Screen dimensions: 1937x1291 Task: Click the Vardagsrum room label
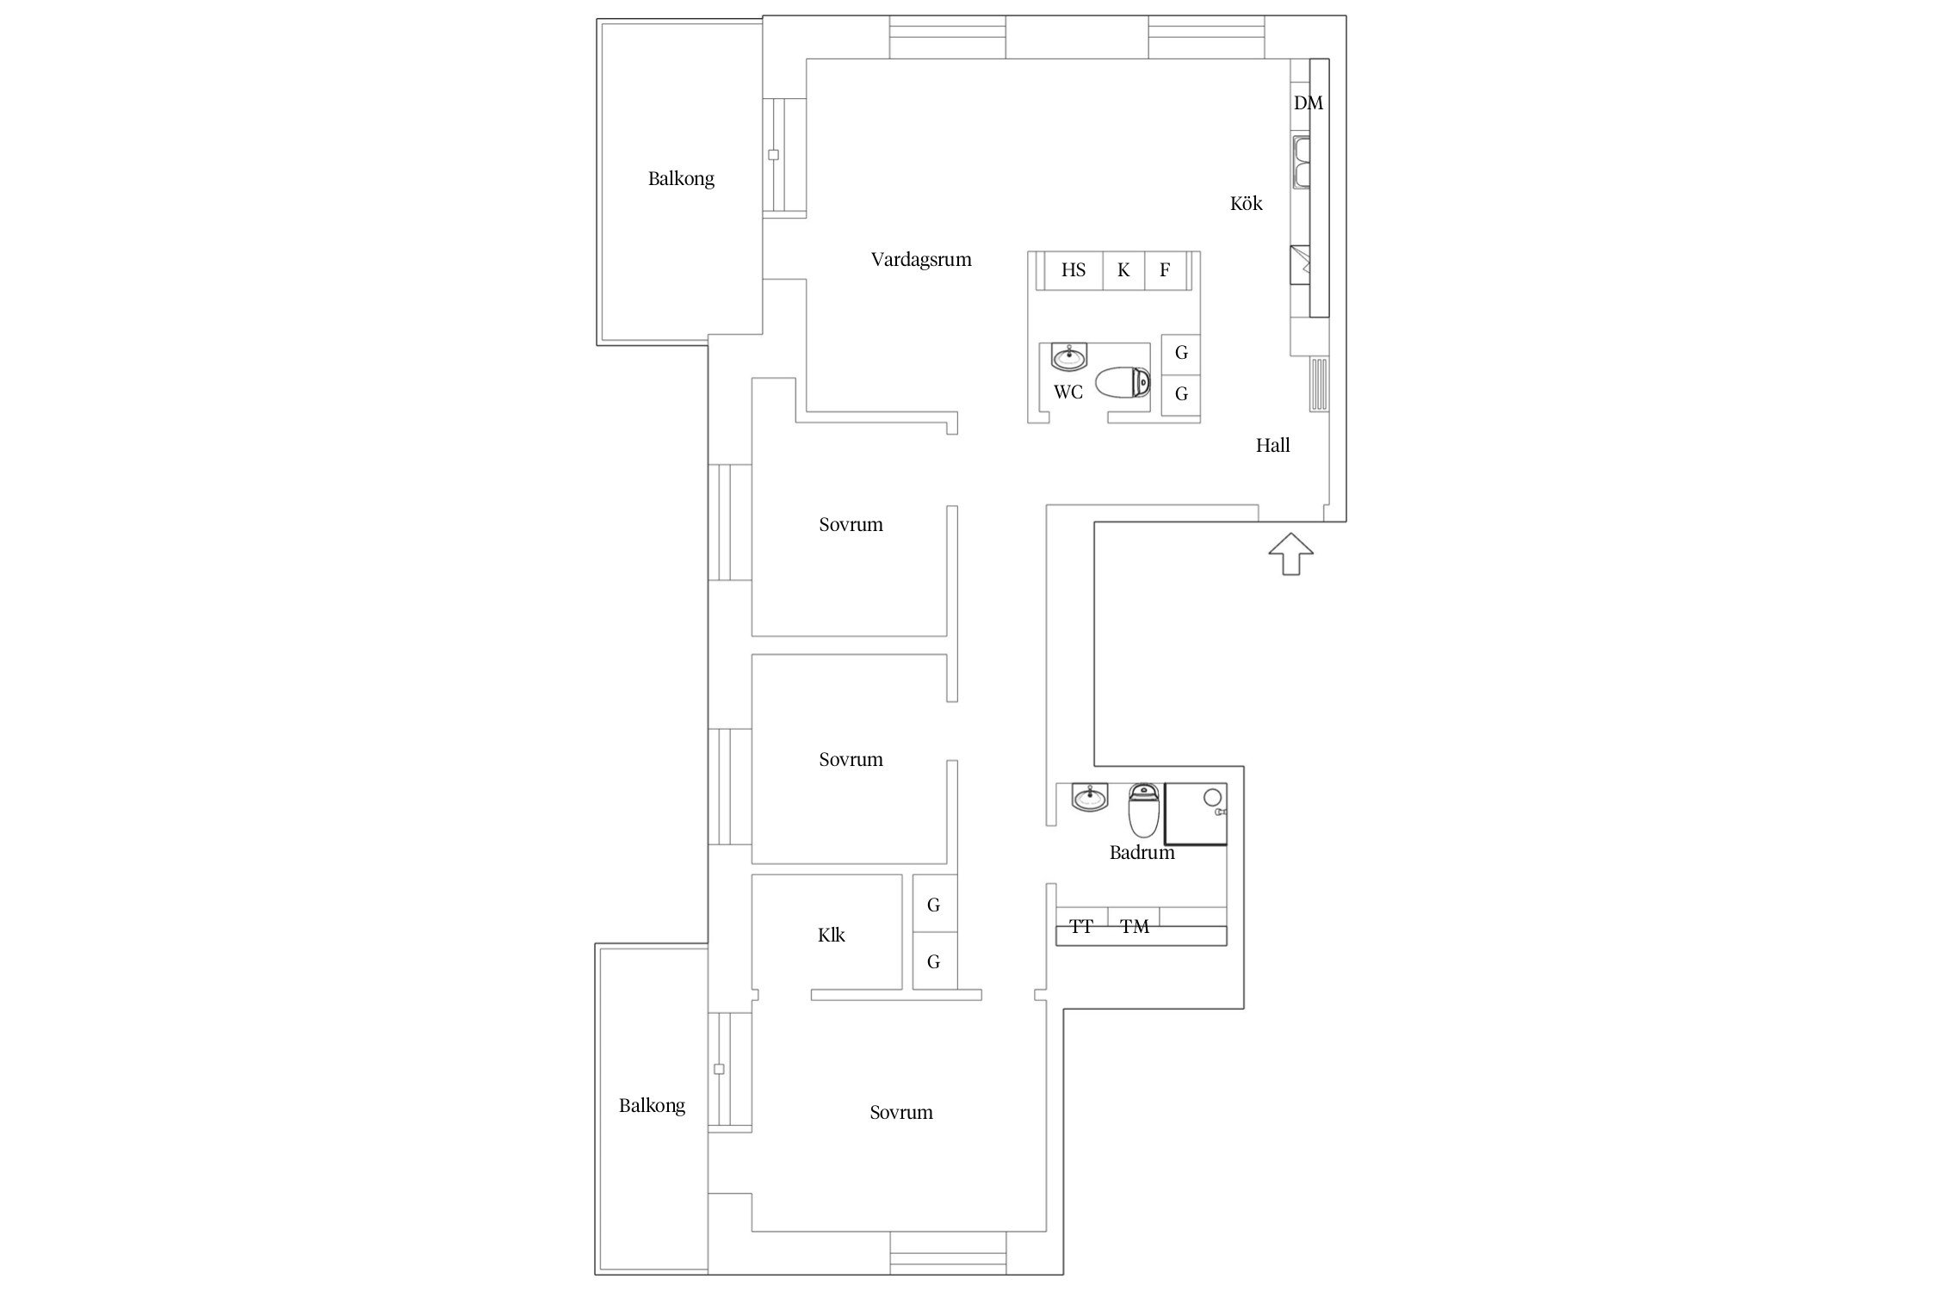(x=921, y=260)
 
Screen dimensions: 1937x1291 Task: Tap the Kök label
(x=1246, y=203)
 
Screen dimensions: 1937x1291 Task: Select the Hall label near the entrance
(x=1272, y=445)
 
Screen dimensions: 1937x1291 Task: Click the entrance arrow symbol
(x=1290, y=553)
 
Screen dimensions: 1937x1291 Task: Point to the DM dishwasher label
(x=1308, y=103)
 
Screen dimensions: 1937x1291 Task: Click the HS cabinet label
(x=1074, y=270)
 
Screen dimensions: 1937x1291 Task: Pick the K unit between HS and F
(x=1123, y=270)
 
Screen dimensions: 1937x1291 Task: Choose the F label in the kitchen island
(x=1165, y=270)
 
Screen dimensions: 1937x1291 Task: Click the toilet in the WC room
(x=1123, y=382)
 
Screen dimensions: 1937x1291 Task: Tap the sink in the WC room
(x=1069, y=356)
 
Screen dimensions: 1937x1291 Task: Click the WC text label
(x=1068, y=392)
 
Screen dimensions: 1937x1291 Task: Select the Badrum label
(x=1142, y=853)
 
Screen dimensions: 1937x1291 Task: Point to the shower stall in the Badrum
(x=1196, y=814)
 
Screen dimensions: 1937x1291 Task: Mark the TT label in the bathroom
(x=1081, y=927)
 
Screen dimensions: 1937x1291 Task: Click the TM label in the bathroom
(x=1135, y=927)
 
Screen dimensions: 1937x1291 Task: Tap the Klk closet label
(x=832, y=935)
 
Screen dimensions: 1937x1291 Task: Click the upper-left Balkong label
(x=681, y=179)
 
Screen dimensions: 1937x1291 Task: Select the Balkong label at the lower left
(x=652, y=1106)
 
